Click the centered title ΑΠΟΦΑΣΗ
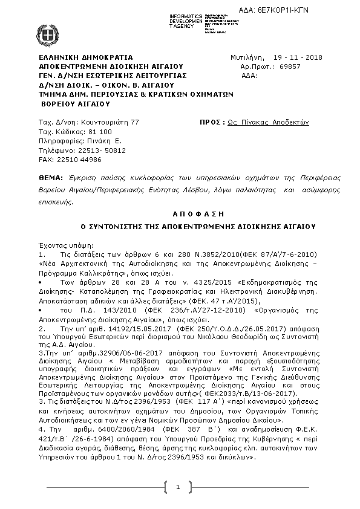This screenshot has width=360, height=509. (189, 213)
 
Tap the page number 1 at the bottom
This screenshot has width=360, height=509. (178, 487)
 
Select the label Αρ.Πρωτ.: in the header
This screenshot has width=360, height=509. (252, 66)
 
